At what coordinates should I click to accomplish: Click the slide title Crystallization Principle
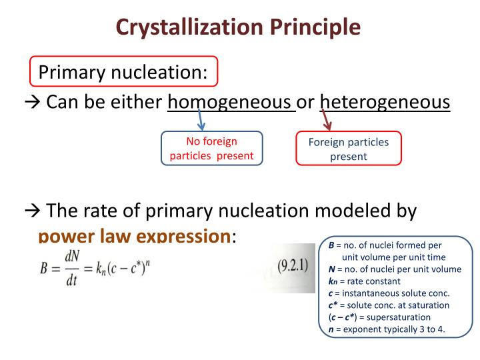pyautogui.click(x=239, y=27)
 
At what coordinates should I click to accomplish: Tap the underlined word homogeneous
pyautogui.click(x=231, y=103)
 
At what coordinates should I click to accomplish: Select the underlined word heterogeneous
pyautogui.click(x=385, y=103)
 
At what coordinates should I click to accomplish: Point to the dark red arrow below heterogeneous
pyautogui.click(x=327, y=121)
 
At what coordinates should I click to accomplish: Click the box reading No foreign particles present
pyautogui.click(x=211, y=149)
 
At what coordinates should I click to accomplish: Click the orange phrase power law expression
pyautogui.click(x=133, y=236)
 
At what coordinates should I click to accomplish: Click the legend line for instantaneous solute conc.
pyautogui.click(x=389, y=293)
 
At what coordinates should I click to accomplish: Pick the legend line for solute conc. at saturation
pyautogui.click(x=389, y=305)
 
